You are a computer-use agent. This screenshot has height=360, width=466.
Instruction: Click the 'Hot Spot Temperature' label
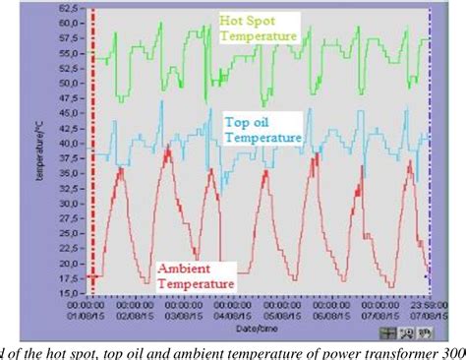point(259,27)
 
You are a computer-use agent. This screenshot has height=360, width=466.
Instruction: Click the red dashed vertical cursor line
point(92,148)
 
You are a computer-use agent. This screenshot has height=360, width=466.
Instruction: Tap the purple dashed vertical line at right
point(430,148)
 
